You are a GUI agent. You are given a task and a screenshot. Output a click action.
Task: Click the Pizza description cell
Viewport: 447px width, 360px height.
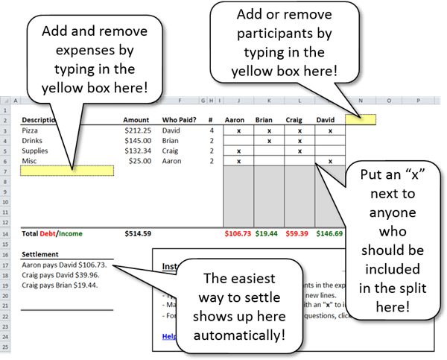point(31,130)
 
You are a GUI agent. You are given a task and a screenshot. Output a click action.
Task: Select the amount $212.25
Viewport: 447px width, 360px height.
point(137,130)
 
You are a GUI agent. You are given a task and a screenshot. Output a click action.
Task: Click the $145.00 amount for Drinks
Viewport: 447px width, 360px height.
point(137,140)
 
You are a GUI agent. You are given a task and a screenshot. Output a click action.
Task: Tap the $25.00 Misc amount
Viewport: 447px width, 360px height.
point(140,161)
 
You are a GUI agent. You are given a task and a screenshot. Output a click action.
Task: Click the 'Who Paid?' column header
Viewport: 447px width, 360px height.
point(179,119)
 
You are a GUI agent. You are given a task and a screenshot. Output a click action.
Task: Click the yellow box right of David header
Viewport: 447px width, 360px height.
point(360,119)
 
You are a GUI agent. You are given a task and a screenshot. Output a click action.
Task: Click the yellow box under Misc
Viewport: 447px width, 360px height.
point(67,171)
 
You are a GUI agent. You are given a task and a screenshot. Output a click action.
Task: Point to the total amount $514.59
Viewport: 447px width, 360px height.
point(138,233)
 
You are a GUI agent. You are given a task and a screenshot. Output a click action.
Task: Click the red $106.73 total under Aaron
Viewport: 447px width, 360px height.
point(238,233)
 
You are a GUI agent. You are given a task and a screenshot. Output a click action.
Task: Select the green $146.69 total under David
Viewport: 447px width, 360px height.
point(329,233)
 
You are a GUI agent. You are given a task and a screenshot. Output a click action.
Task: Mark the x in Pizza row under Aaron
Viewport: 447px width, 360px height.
point(238,130)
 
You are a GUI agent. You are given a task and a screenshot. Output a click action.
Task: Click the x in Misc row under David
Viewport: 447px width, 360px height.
point(330,161)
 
